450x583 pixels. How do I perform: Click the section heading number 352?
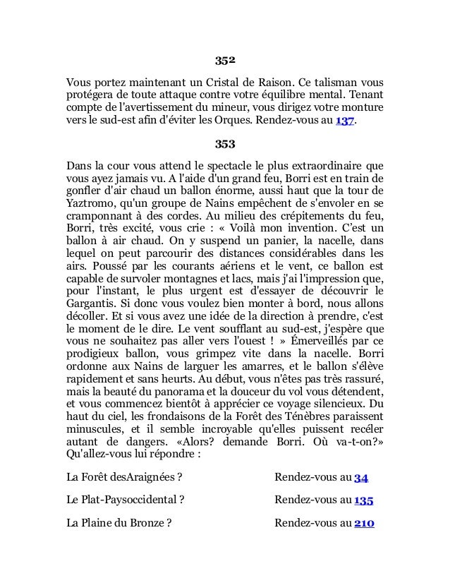pyautogui.click(x=224, y=59)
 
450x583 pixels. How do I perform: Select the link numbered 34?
pyautogui.click(x=360, y=478)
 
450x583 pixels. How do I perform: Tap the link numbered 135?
pyautogui.click(x=363, y=500)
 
